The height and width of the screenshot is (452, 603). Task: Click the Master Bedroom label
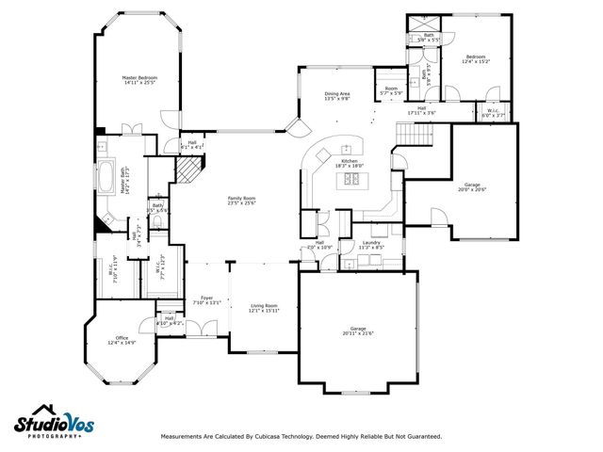click(x=139, y=80)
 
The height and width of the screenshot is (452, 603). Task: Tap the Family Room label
click(x=242, y=202)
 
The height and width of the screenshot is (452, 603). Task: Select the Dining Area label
click(x=337, y=96)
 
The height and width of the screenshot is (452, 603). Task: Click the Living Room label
click(x=264, y=308)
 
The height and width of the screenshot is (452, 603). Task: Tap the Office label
click(x=122, y=340)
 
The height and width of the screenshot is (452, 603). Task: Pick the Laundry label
click(x=371, y=245)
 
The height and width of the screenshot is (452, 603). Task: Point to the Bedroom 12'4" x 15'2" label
click(x=478, y=58)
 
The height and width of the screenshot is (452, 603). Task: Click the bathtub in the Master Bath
click(x=105, y=178)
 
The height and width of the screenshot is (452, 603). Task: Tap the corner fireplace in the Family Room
click(x=192, y=170)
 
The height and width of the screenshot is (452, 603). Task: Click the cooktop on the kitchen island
click(x=351, y=179)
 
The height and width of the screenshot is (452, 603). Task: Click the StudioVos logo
click(x=55, y=421)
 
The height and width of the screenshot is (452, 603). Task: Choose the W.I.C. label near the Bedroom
click(x=495, y=114)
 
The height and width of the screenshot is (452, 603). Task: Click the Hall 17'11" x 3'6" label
click(x=422, y=110)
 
